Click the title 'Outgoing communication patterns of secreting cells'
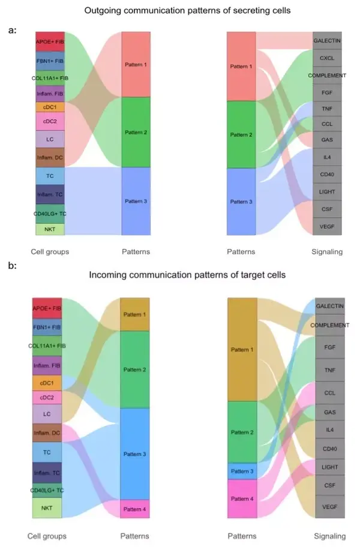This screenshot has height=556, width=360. [x=187, y=10]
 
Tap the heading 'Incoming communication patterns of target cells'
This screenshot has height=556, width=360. [x=187, y=275]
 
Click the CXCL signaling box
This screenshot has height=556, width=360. [x=327, y=58]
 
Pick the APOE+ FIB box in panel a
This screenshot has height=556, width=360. [x=50, y=42]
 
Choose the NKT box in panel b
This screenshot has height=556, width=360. [x=47, y=508]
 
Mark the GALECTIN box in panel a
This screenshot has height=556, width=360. [x=327, y=41]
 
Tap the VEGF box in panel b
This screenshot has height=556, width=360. [x=330, y=507]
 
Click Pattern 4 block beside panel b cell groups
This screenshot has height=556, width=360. [x=135, y=509]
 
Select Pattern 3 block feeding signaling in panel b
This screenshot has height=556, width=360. [x=242, y=471]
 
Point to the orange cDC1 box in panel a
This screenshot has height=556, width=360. [x=50, y=107]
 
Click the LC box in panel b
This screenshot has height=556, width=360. [x=47, y=414]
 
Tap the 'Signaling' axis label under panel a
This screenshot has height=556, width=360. [x=327, y=252]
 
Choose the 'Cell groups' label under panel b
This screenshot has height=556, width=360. [x=47, y=536]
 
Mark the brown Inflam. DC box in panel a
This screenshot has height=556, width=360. [x=50, y=158]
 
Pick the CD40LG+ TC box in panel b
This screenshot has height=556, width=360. [x=47, y=490]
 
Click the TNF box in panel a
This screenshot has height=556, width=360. [x=327, y=109]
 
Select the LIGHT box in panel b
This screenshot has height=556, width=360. [x=330, y=466]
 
